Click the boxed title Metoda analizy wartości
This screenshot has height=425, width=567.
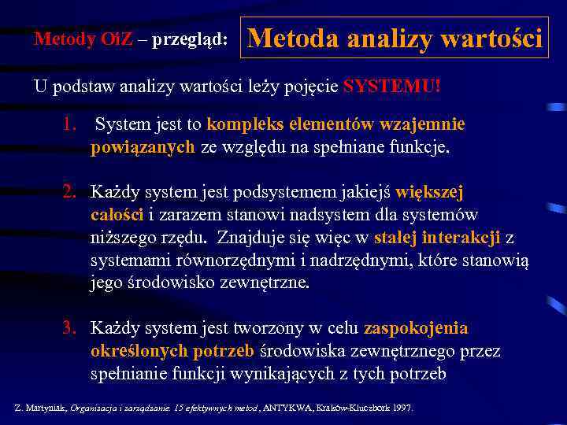click(x=395, y=38)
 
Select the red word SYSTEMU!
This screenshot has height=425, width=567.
click(x=392, y=87)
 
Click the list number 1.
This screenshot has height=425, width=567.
click(x=71, y=124)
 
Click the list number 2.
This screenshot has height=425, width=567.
click(x=70, y=191)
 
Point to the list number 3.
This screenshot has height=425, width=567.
click(x=70, y=327)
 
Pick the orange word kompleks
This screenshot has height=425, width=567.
click(x=241, y=124)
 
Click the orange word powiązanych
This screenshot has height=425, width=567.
click(x=143, y=147)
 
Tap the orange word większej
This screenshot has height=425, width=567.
click(x=429, y=191)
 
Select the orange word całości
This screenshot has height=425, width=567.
click(x=117, y=215)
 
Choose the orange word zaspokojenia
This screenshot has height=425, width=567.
click(x=416, y=327)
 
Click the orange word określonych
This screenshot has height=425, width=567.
click(x=139, y=351)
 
